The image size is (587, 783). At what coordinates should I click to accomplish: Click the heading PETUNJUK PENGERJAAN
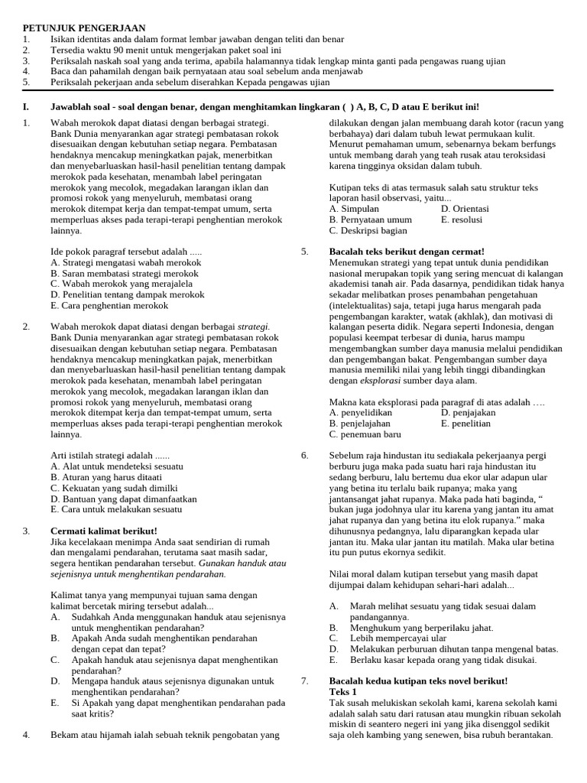pyautogui.click(x=84, y=28)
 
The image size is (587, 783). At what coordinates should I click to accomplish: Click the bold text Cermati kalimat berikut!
pyautogui.click(x=104, y=531)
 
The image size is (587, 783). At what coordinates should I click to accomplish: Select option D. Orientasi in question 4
pyautogui.click(x=465, y=209)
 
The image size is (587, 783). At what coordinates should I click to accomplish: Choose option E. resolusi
pyautogui.click(x=462, y=219)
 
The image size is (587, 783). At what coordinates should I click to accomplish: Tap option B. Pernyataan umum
pyautogui.click(x=371, y=219)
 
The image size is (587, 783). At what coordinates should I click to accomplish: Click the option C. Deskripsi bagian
pyautogui.click(x=368, y=230)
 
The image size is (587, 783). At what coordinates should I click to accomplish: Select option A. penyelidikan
pyautogui.click(x=365, y=412)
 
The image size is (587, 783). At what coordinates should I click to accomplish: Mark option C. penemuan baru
pyautogui.click(x=365, y=434)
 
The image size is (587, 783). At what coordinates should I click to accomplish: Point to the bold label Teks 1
pyautogui.click(x=343, y=691)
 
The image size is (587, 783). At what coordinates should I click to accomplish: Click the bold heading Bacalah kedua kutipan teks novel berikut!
pyautogui.click(x=418, y=681)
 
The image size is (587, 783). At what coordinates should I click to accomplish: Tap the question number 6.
pyautogui.click(x=304, y=455)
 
